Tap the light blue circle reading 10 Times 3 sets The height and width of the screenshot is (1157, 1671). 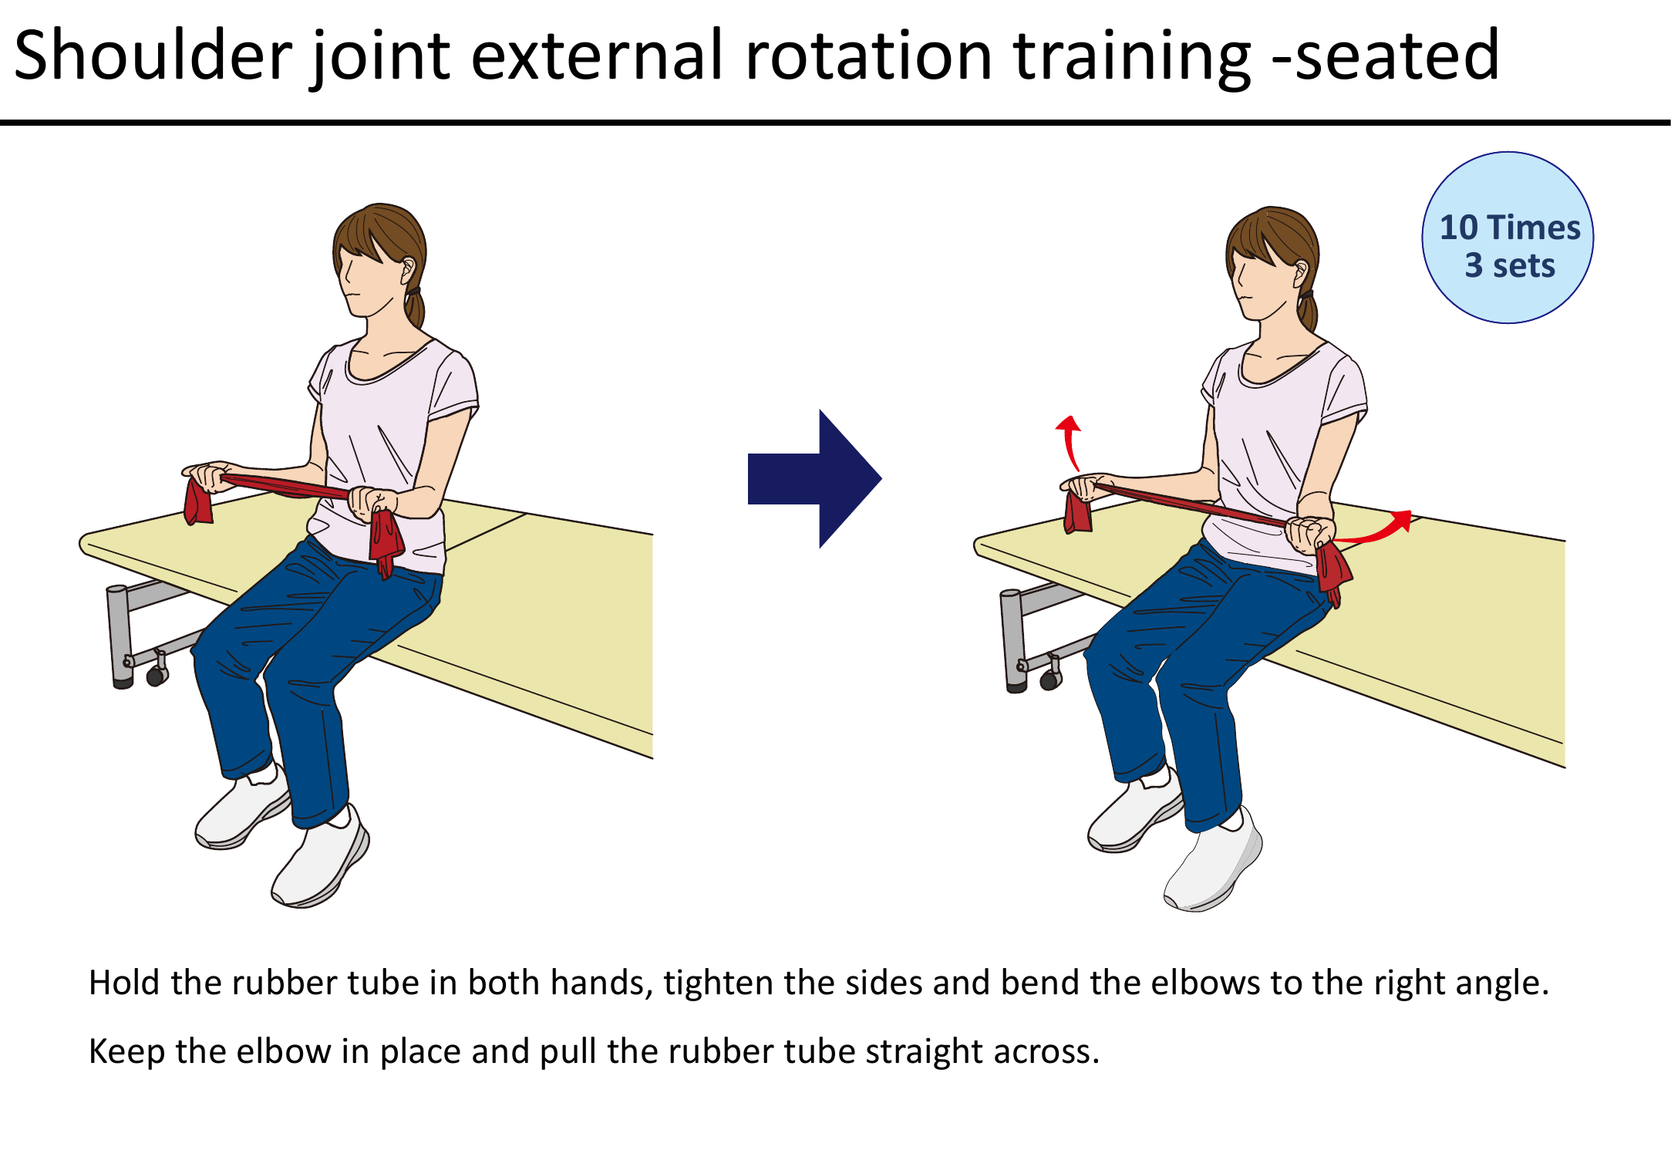[1508, 238]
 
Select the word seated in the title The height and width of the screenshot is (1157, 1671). [1396, 56]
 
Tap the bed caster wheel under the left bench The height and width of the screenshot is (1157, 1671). [157, 676]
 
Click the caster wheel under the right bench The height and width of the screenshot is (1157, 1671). [1049, 680]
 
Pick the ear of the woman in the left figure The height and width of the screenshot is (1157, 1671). [407, 270]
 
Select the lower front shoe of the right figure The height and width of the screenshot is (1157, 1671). [1215, 864]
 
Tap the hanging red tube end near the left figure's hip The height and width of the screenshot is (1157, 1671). [386, 540]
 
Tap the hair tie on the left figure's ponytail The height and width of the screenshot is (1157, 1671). [414, 292]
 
